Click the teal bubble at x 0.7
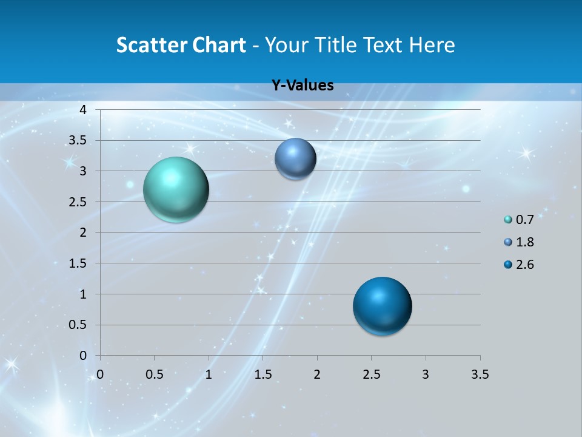pos(176,189)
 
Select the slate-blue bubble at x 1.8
pos(295,159)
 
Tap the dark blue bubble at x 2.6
pos(382,306)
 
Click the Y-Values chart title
pos(303,86)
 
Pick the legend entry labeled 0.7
pos(519,220)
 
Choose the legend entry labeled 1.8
pos(519,242)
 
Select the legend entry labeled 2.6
pos(519,265)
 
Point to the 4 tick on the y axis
pos(84,110)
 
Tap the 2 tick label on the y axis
pos(84,232)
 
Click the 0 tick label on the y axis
pos(84,356)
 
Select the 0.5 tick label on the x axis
pos(155,374)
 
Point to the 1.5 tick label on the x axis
pos(263,374)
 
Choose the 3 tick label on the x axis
pos(426,374)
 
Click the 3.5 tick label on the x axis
pos(480,374)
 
